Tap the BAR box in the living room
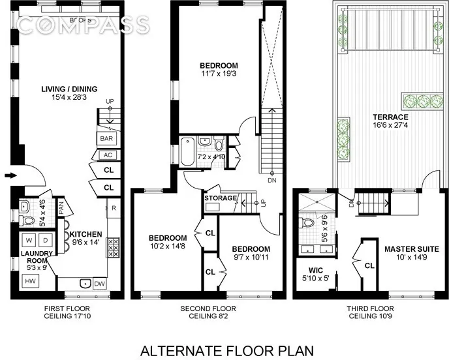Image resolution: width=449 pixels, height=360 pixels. click(105, 139)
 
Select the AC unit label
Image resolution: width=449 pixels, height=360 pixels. click(105, 155)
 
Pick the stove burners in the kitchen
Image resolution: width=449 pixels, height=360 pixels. click(112, 248)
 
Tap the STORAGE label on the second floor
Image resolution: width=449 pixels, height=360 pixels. click(219, 198)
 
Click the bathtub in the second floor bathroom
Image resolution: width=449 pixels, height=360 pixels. click(188, 151)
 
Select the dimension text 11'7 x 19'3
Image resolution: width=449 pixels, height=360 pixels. click(219, 75)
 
